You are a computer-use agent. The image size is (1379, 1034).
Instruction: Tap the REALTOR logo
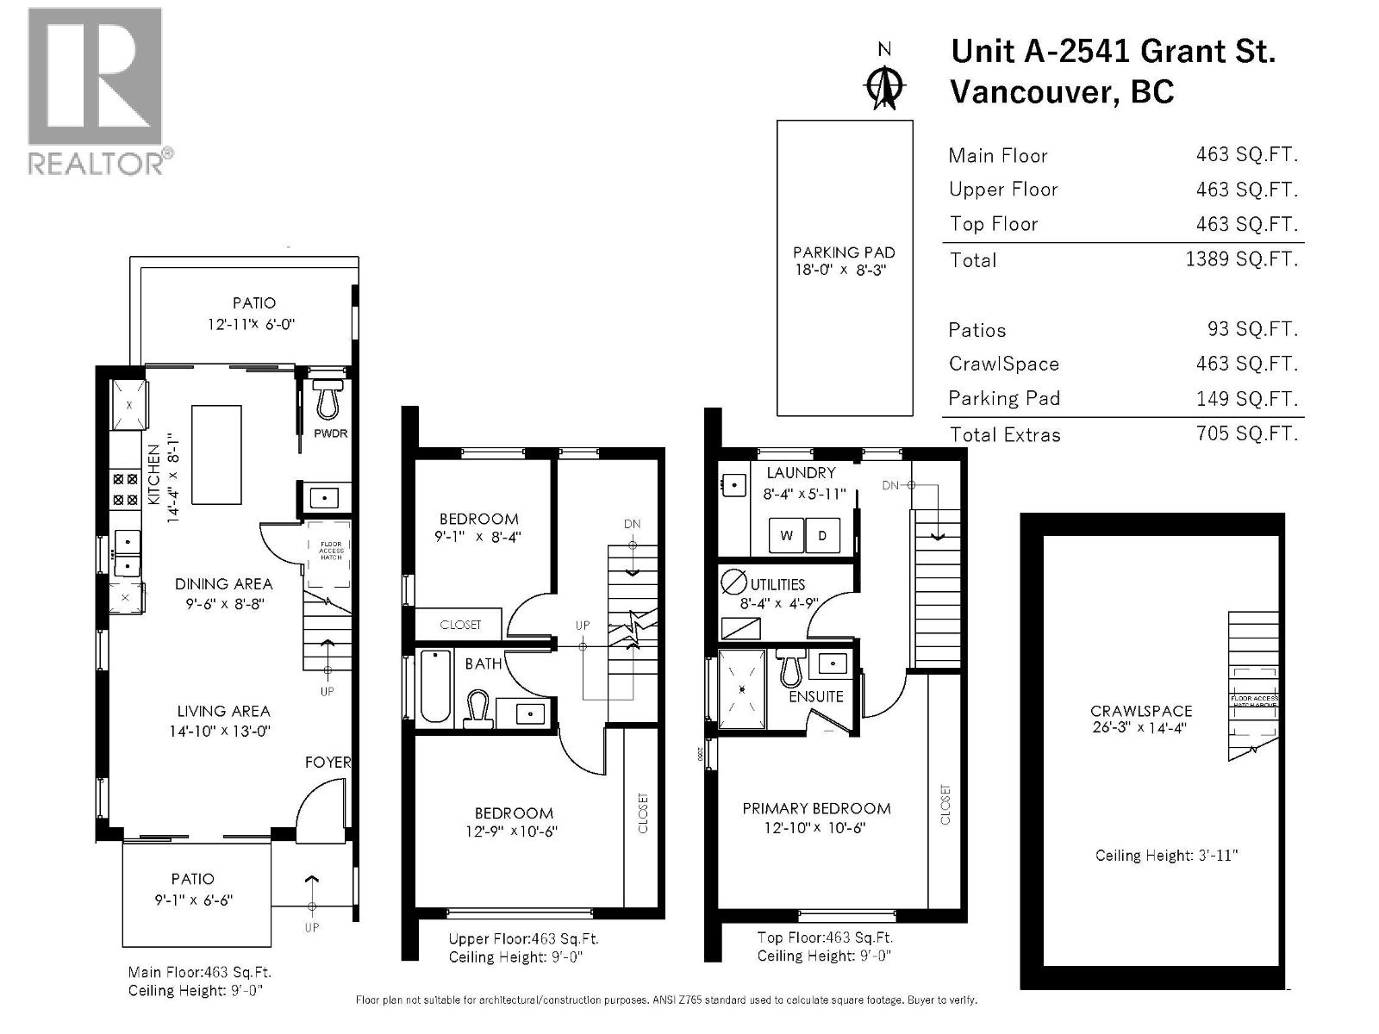coord(95,90)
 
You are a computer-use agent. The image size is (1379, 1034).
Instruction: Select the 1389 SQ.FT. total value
coord(1241,258)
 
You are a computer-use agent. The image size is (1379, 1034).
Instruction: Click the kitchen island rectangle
coord(216,454)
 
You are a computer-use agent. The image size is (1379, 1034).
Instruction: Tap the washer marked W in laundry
coord(786,536)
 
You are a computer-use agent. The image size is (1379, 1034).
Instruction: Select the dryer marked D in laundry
coord(822,536)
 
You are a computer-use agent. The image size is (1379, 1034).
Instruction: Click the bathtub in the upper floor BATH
coord(435,686)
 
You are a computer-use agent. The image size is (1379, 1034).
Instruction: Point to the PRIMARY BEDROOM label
coord(816,808)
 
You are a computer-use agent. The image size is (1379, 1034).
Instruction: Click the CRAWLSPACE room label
coord(1141,711)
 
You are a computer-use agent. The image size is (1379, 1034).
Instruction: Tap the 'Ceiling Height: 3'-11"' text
coord(1166,856)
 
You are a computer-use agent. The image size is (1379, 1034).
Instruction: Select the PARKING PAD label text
coord(844,252)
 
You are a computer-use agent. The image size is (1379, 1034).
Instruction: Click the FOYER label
coord(328,763)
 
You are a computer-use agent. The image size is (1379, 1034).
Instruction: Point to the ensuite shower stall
coord(741,689)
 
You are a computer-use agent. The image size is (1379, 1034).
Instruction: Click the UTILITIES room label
coord(777,584)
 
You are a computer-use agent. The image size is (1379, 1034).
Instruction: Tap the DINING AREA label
coord(223,584)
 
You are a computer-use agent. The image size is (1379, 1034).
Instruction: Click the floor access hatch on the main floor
coord(330,551)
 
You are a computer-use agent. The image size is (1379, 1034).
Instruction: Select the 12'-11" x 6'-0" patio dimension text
coord(252,325)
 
